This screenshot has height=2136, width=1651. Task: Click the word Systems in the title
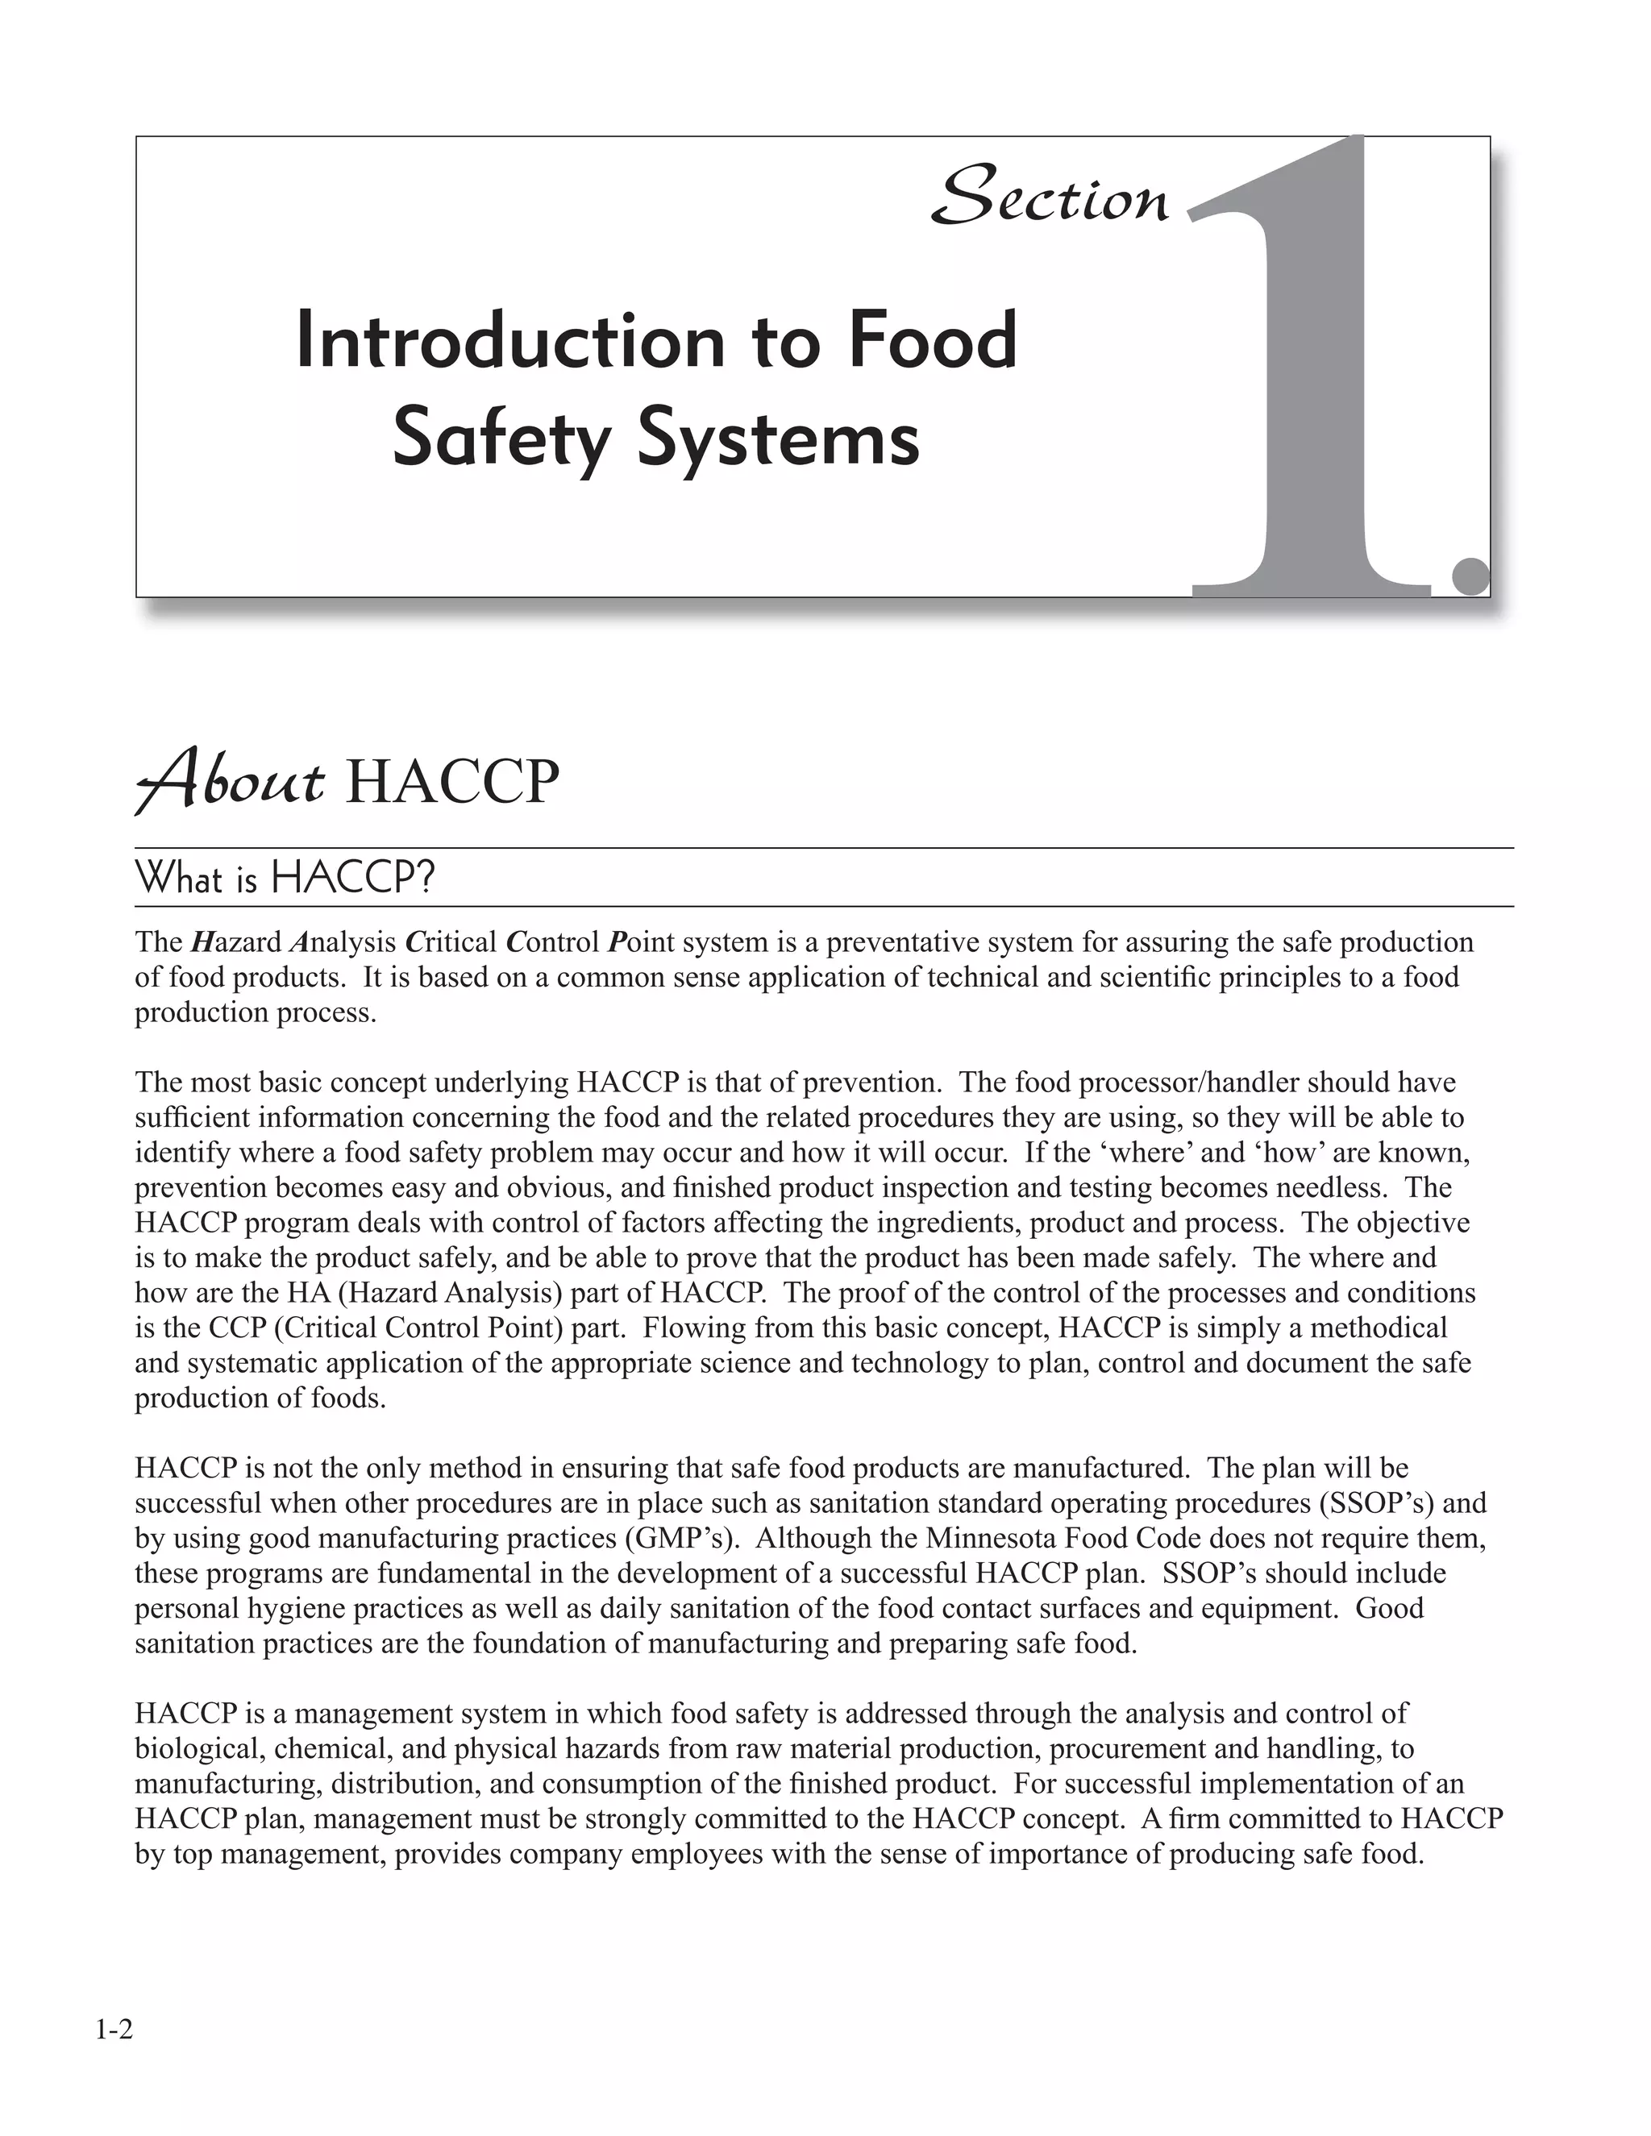pos(779,439)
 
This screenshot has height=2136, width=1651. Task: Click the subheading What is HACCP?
pos(285,879)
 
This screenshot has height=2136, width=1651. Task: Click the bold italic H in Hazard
pos(202,941)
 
